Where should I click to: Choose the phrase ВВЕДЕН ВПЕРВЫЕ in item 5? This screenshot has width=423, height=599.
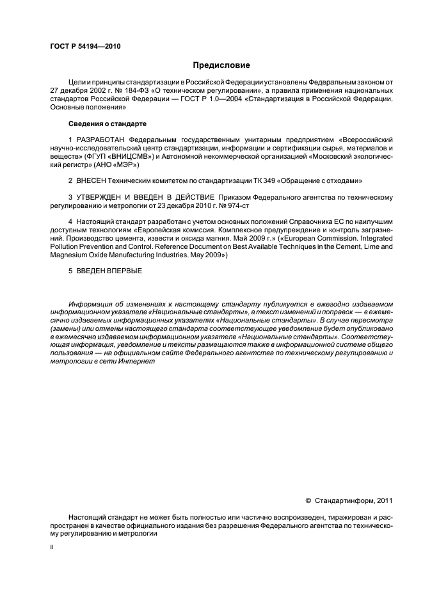[109, 271]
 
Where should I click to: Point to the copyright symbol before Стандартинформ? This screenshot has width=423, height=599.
[308, 501]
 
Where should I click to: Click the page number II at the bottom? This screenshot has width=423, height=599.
[51, 548]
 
